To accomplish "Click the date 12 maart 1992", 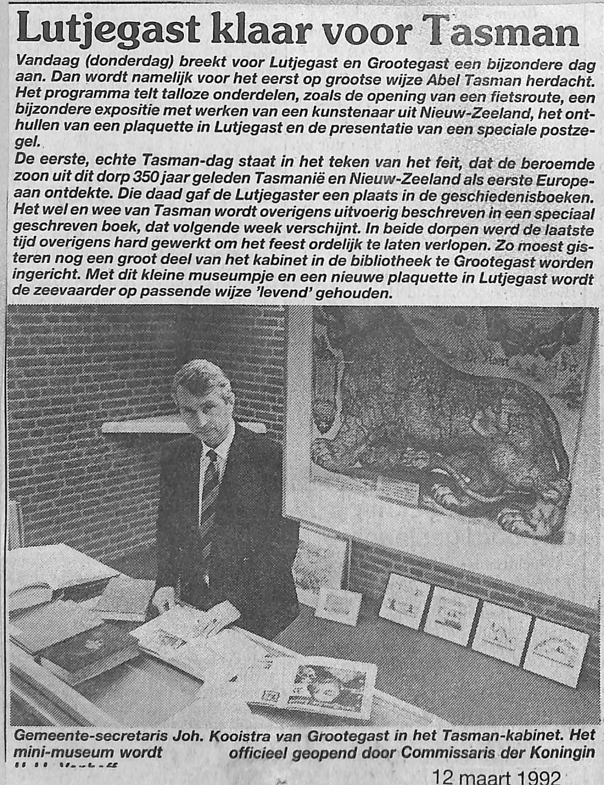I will [x=495, y=777].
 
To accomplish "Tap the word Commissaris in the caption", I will [x=449, y=752].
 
